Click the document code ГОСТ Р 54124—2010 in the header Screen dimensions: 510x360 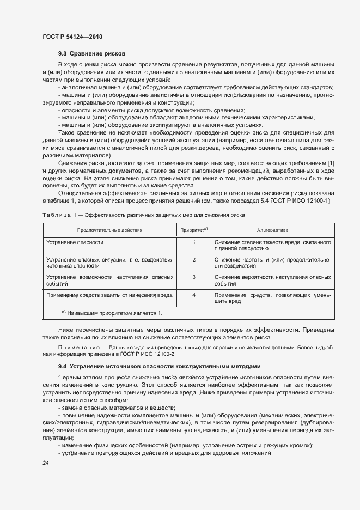point(72,37)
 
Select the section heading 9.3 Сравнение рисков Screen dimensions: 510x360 point(92,54)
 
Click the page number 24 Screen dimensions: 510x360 point(45,462)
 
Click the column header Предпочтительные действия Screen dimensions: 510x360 point(109,230)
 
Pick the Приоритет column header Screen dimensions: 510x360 point(193,230)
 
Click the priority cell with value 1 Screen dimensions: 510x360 point(194,242)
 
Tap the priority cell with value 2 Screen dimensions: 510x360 point(194,259)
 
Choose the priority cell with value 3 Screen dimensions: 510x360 point(194,277)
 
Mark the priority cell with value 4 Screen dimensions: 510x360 point(194,294)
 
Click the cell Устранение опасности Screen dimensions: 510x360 point(75,242)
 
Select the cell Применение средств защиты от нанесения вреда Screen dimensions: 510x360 point(108,294)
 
